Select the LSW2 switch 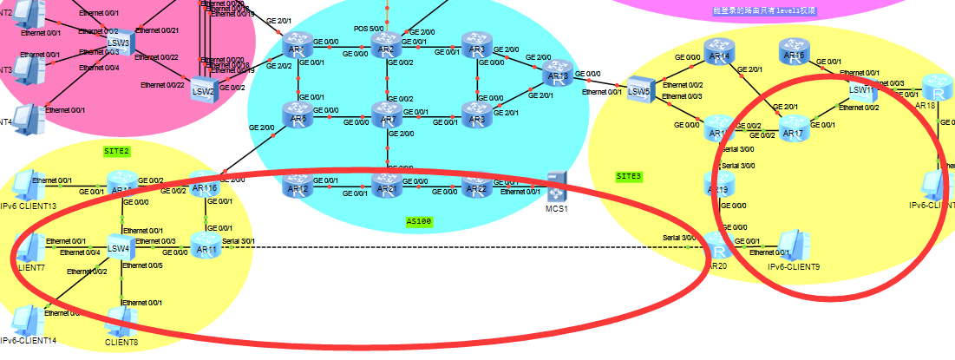click(202, 87)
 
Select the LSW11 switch click(861, 87)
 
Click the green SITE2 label click(116, 150)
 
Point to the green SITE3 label click(629, 176)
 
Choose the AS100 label click(419, 221)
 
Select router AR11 click(206, 245)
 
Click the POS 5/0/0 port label click(367, 28)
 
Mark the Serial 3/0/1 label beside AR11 click(239, 241)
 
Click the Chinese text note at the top click(764, 10)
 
